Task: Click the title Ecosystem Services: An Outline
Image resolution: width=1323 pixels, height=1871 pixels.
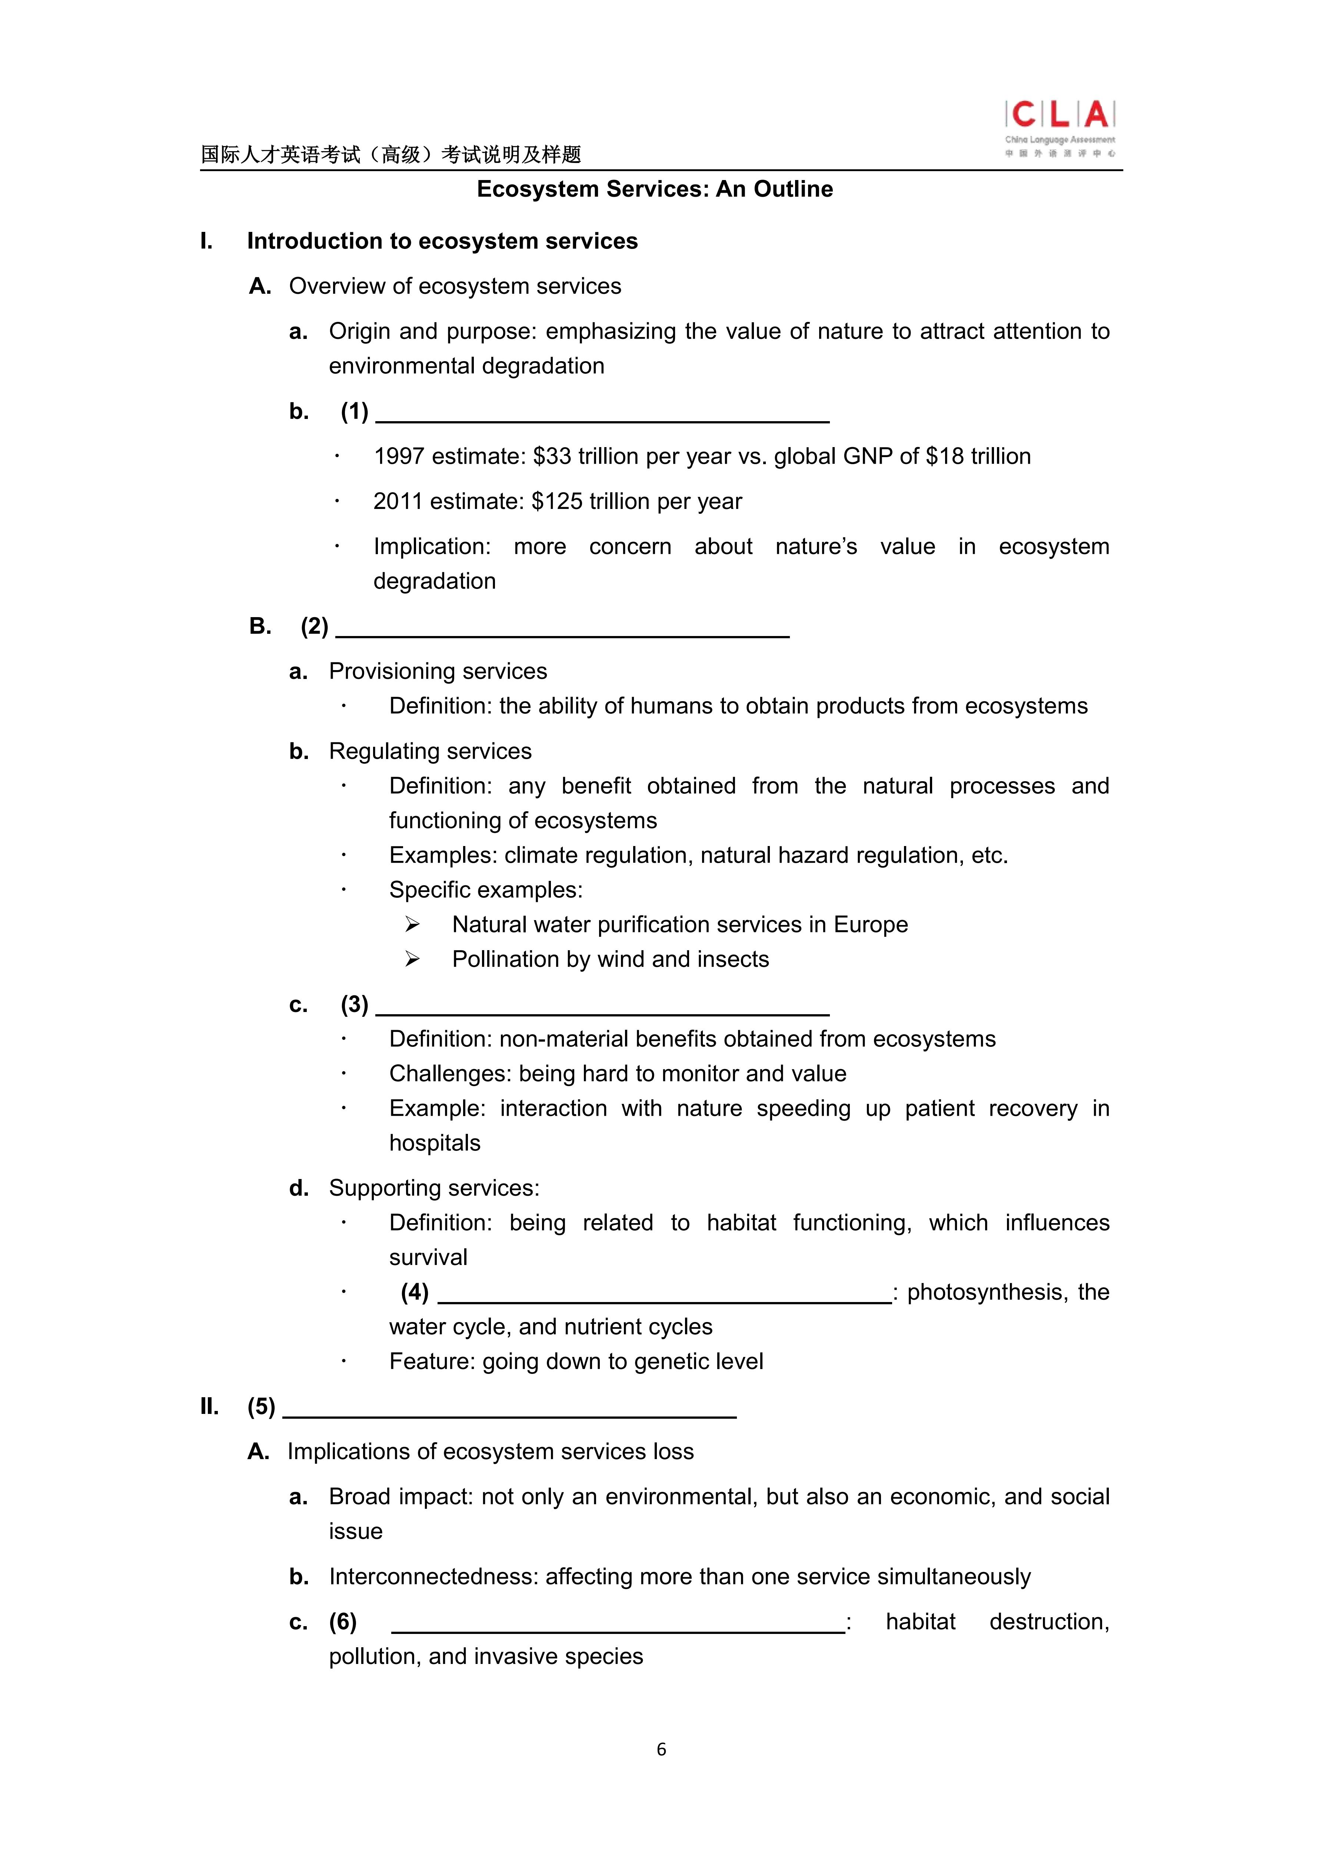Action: (x=655, y=189)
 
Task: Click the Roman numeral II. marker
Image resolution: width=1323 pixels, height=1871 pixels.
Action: (x=209, y=1406)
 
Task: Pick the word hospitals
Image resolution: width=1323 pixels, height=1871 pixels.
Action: (x=435, y=1143)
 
